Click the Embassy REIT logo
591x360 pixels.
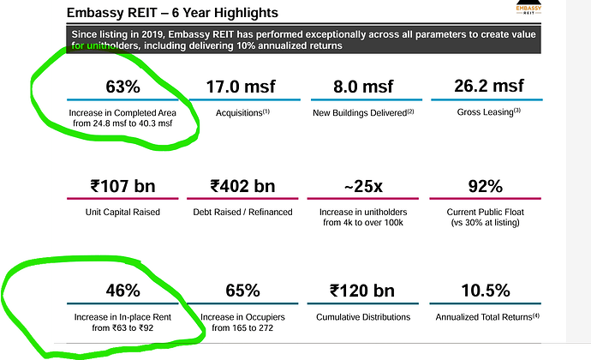pos(528,7)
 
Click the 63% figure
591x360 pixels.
pos(122,87)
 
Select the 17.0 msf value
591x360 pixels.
pos(241,87)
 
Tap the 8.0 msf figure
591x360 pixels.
pos(363,87)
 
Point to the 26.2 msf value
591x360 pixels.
pos(489,86)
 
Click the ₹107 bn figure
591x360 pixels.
pos(122,186)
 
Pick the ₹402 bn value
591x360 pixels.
pos(242,186)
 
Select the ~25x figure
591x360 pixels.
pos(363,186)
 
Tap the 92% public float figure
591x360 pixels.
pos(486,186)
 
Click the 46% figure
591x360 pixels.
pos(122,291)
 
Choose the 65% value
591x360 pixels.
pos(242,291)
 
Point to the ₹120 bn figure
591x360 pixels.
pos(362,291)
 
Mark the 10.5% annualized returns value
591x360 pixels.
pos(486,291)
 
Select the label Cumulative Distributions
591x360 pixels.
pos(363,317)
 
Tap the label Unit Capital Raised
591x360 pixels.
pos(122,212)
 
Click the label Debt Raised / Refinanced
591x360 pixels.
pos(242,212)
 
